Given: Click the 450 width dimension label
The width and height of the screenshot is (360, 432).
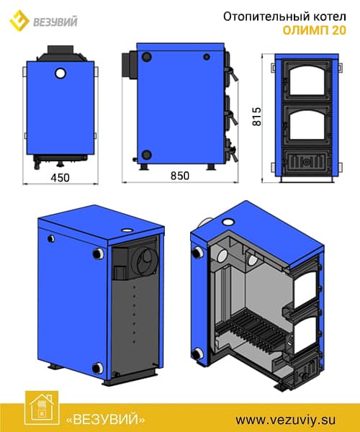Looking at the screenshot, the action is point(60,178).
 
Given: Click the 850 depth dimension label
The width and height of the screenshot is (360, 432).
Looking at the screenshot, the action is point(180,176).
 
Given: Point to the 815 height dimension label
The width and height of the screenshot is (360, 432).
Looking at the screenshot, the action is point(257,117).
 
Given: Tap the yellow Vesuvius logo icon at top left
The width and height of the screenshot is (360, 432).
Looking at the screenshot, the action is point(19,20).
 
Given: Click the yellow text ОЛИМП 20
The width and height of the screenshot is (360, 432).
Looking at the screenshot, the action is point(314,30).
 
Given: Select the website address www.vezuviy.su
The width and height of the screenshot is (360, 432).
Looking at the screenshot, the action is point(286,420).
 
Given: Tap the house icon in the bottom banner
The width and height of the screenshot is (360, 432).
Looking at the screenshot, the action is point(42,408).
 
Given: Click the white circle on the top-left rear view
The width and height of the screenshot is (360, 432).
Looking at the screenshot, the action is point(60,73).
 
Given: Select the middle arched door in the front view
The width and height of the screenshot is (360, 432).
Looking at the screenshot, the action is point(306,126).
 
